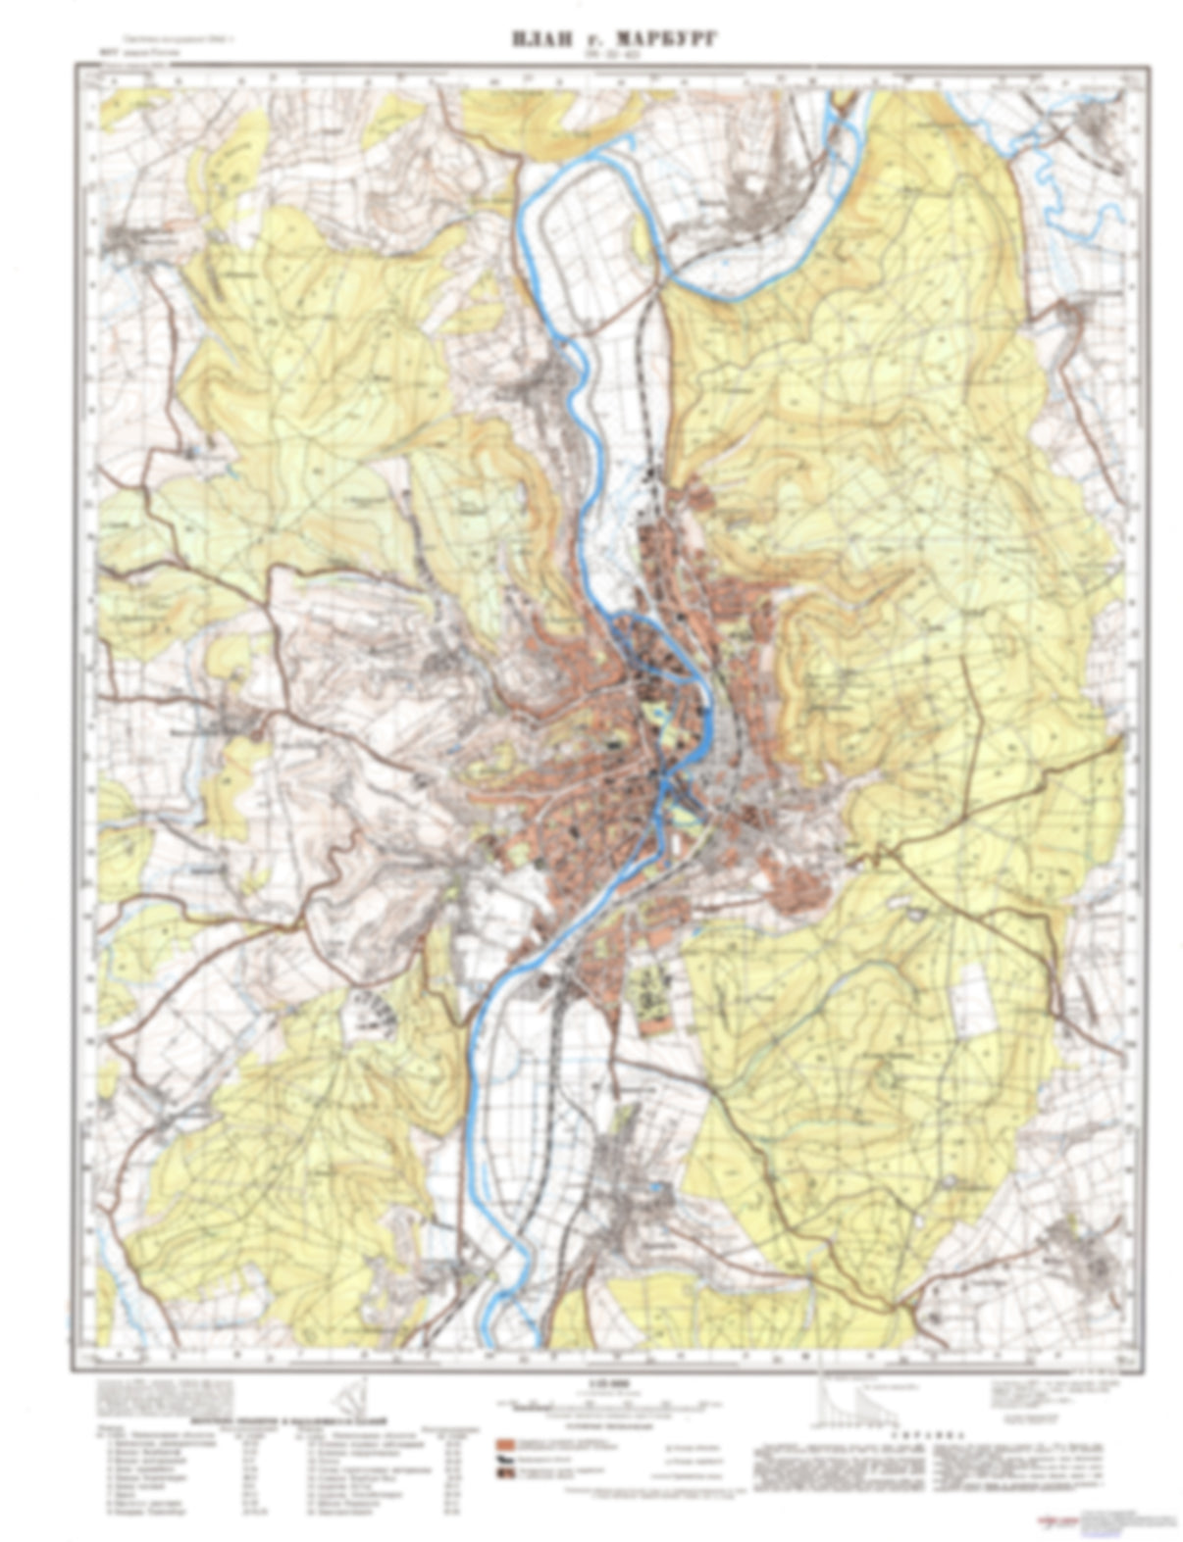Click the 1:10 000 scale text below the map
click(594, 1383)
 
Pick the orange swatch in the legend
click(505, 1445)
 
